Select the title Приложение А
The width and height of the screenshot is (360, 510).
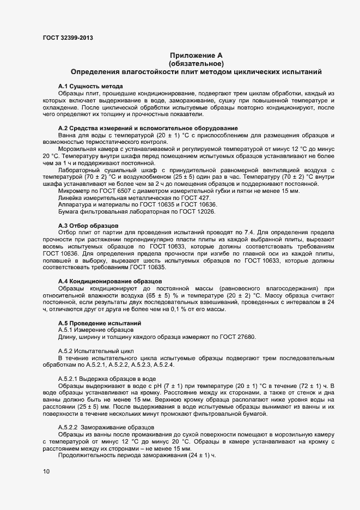tap(196, 56)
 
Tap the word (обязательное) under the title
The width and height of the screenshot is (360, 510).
tap(196, 64)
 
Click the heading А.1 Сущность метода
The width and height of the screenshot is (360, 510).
tap(90, 87)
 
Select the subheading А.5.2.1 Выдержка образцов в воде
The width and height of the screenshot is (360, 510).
tap(107, 378)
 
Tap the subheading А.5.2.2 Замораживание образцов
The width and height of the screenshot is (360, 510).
tap(106, 427)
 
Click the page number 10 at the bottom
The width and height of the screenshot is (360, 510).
tap(46, 472)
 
